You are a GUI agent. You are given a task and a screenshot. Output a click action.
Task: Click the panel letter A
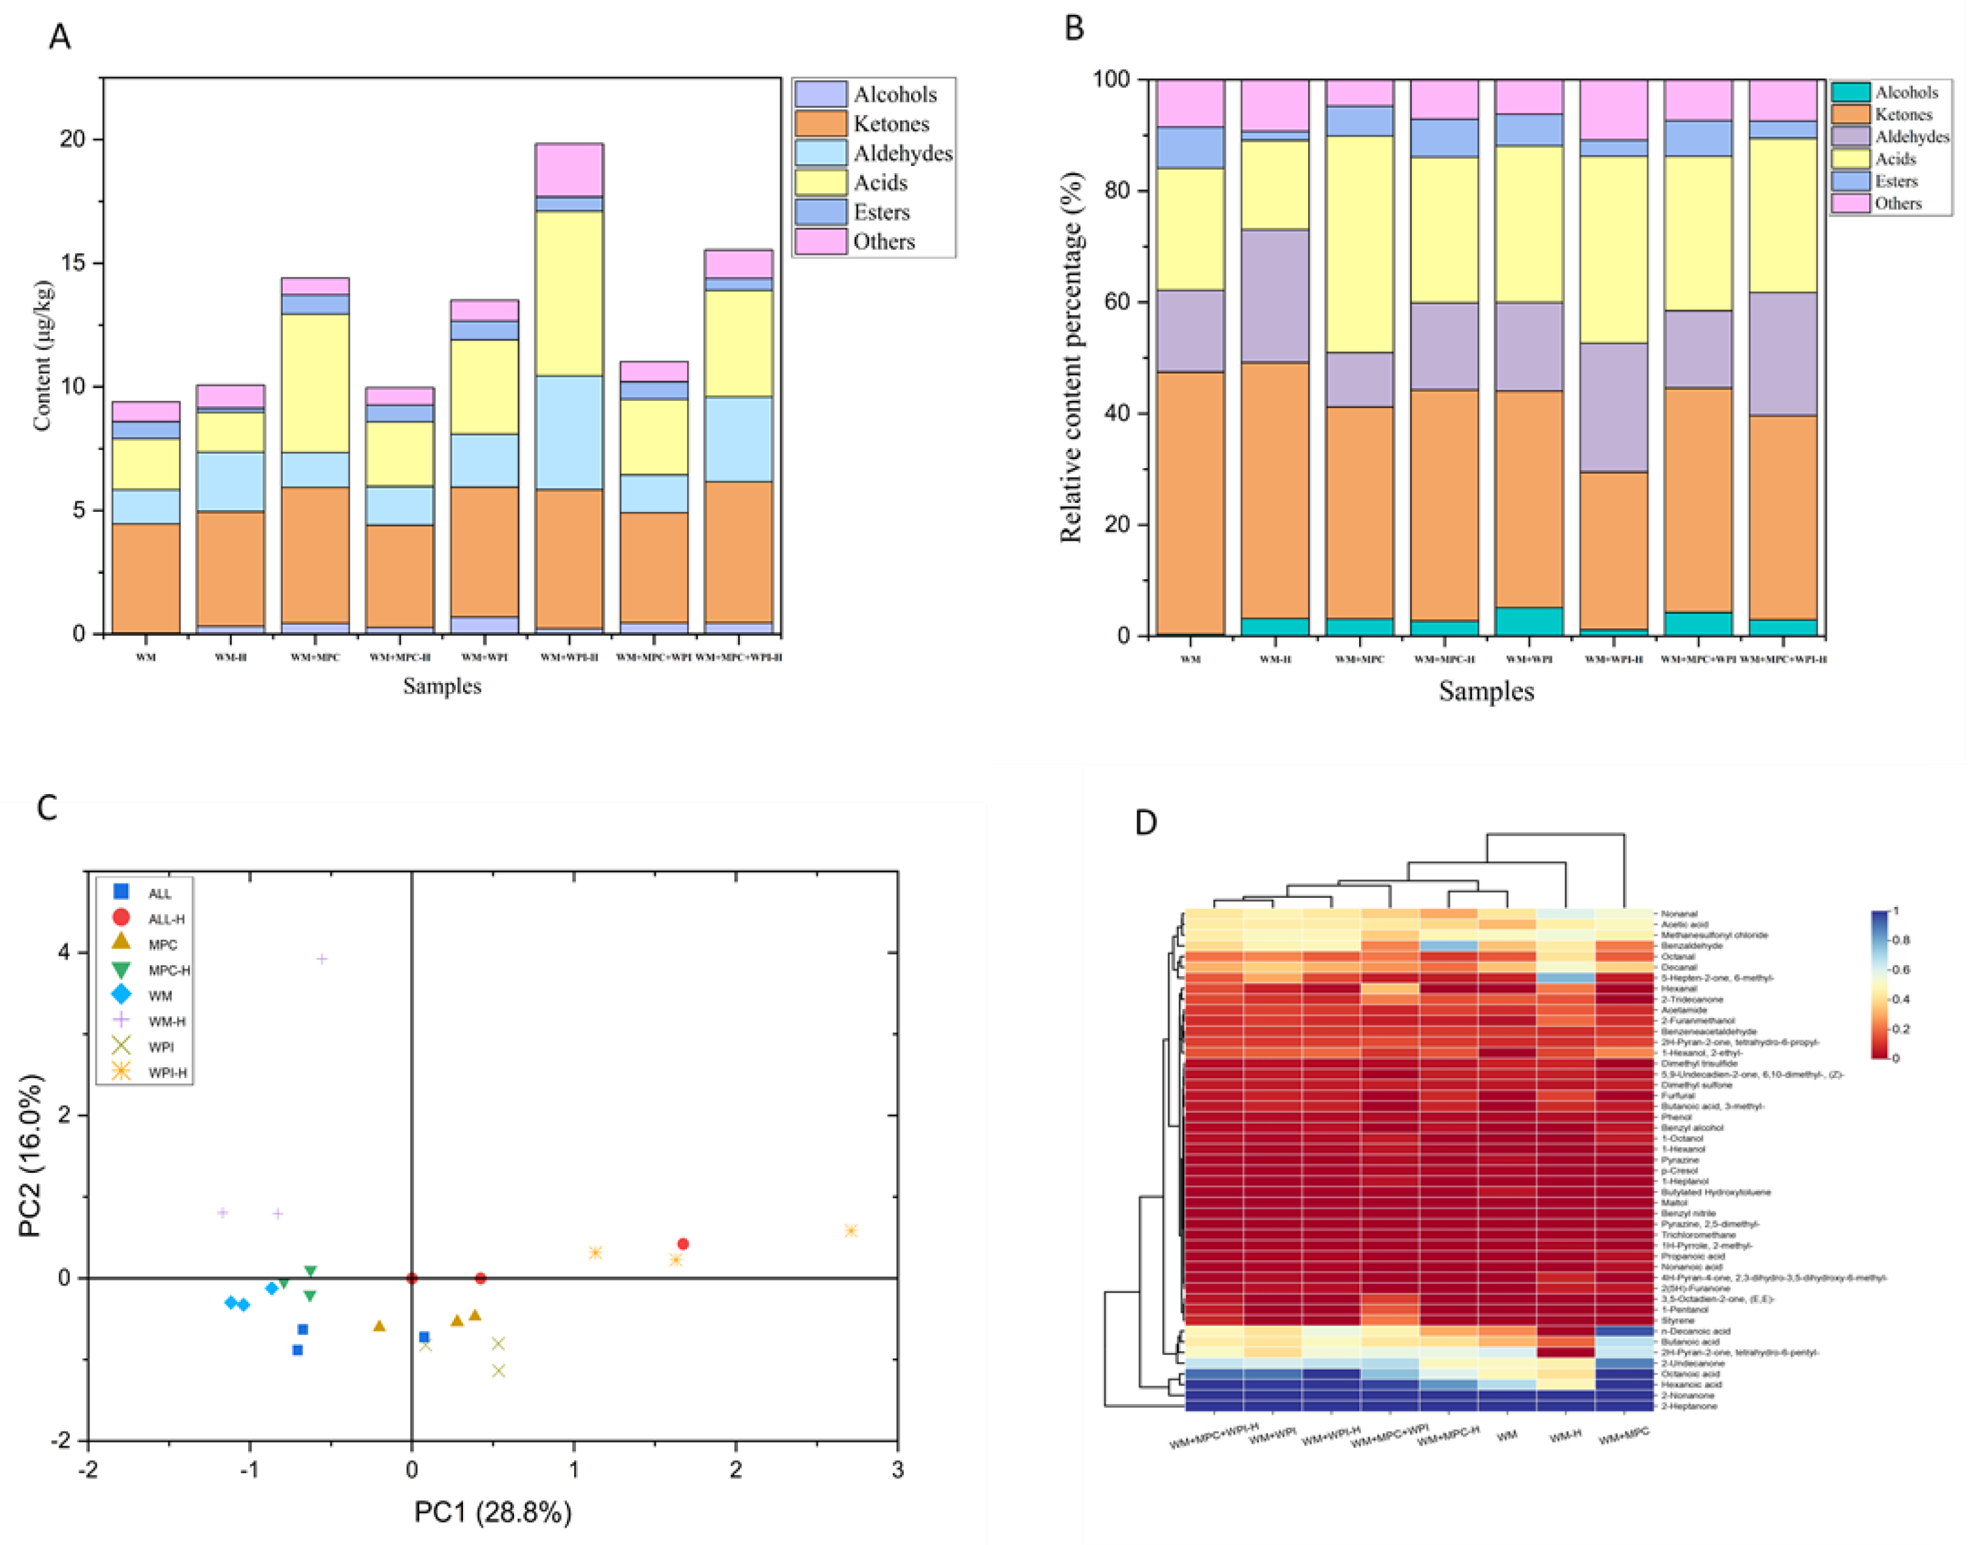click(x=59, y=38)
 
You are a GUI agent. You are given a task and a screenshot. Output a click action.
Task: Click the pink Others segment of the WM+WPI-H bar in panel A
click(x=569, y=170)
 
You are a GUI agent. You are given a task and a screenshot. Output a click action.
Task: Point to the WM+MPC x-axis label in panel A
click(x=315, y=658)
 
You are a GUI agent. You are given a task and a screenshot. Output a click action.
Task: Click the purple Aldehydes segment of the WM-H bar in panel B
click(x=1274, y=296)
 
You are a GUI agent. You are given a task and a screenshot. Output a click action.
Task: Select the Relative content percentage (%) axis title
click(x=1072, y=357)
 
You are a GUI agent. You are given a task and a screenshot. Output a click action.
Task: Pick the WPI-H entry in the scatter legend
click(x=167, y=1073)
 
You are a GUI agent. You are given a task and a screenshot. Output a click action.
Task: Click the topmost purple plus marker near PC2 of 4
click(x=321, y=959)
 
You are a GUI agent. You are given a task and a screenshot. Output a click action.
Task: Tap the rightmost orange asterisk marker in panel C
click(x=850, y=1230)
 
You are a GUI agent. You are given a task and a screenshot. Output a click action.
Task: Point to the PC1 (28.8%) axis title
click(x=493, y=1512)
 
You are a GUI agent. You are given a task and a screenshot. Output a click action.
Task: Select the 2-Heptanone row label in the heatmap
click(x=1688, y=1406)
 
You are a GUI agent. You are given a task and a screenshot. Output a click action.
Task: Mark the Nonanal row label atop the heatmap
click(x=1678, y=914)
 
